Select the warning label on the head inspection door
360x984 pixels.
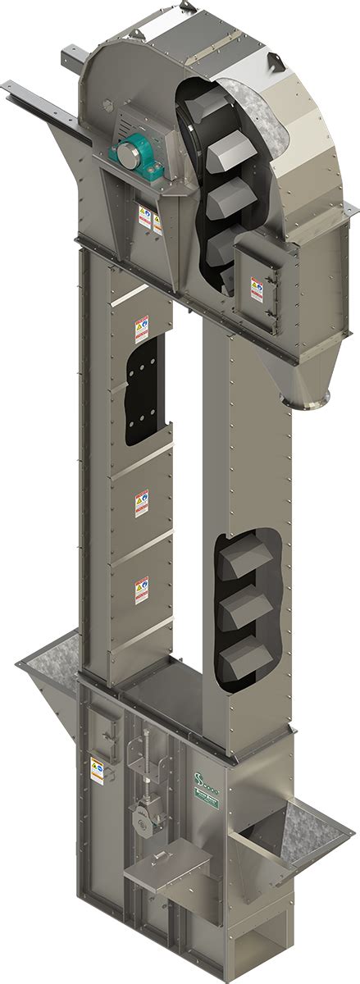tap(256, 289)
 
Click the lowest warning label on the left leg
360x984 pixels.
tap(142, 588)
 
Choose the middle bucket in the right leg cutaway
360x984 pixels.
tap(241, 608)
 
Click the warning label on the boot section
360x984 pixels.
tap(97, 771)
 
